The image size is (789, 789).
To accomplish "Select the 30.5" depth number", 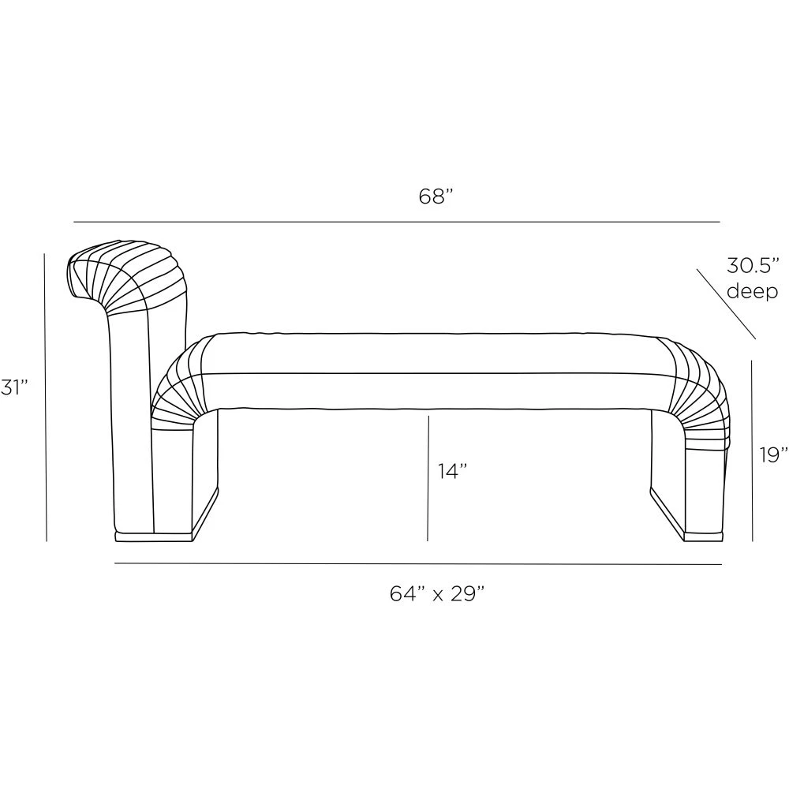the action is pos(752,265).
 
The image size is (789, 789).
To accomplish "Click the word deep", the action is pos(752,291).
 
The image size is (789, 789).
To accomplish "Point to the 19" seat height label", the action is pos(774,454).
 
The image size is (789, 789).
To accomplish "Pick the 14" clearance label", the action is pos(452,471).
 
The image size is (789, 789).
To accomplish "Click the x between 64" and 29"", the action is pos(437,596).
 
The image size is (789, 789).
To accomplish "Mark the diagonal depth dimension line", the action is pos(726,304).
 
